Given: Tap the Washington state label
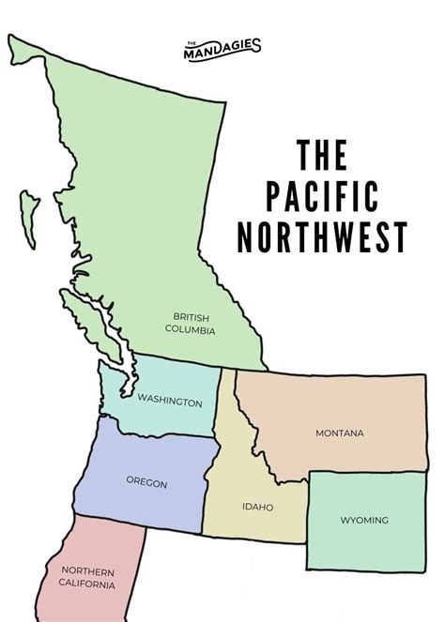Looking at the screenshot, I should coord(170,402).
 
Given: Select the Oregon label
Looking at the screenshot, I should coord(146,483).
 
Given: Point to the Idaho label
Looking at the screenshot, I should coord(257,508).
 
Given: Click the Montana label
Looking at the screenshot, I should coord(339,432).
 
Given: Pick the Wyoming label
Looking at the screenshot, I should coord(365,520).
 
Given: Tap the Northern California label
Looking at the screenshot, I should coord(88,577).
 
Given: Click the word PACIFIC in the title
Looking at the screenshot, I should coord(321,198).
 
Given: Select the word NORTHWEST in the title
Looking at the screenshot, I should coord(321,237).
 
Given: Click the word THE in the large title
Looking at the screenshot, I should coord(321,157).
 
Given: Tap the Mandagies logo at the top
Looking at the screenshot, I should coord(222,46).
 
